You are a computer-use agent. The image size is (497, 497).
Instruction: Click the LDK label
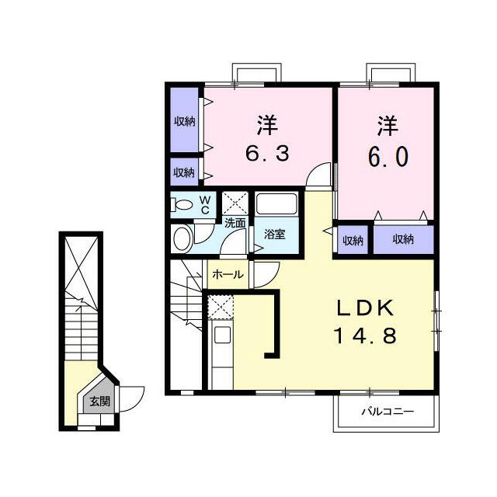tap(365, 308)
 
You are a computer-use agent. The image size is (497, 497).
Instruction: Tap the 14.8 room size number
tap(366, 335)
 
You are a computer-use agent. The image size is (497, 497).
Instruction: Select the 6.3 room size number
tap(267, 154)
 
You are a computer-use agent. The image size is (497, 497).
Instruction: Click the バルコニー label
tap(388, 412)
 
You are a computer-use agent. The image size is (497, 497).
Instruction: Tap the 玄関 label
tap(100, 401)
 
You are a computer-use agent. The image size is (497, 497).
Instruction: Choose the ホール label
tap(228, 274)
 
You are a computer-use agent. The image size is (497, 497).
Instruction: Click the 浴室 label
tap(275, 234)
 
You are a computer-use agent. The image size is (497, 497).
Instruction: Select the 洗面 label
tap(235, 223)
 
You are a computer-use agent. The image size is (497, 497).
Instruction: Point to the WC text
tap(205, 205)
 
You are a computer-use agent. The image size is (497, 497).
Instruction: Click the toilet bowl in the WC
tap(182, 204)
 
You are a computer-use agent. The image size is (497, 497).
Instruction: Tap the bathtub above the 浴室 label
tap(276, 204)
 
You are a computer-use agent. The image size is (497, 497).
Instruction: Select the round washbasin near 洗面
tap(182, 239)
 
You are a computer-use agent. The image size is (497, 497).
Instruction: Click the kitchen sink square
tap(223, 335)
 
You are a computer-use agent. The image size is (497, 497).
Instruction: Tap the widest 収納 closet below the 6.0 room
tap(404, 240)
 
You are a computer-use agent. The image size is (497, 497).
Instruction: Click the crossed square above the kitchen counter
tap(221, 307)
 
